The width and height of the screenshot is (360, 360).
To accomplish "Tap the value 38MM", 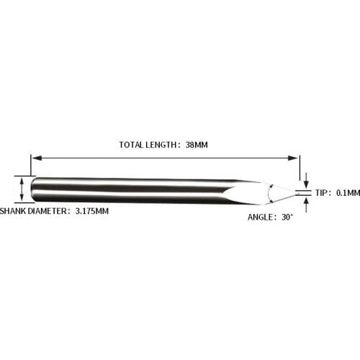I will point(196,145).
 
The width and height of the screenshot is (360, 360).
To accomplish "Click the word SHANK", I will point(14,212).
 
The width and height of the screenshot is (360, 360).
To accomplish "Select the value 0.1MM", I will point(347,193).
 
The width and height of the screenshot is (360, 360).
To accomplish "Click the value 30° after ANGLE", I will point(287,216).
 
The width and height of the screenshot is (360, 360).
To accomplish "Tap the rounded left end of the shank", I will point(34,191).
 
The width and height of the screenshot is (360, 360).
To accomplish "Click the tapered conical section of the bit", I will point(266,192).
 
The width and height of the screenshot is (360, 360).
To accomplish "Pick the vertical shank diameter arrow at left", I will point(22,191).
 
